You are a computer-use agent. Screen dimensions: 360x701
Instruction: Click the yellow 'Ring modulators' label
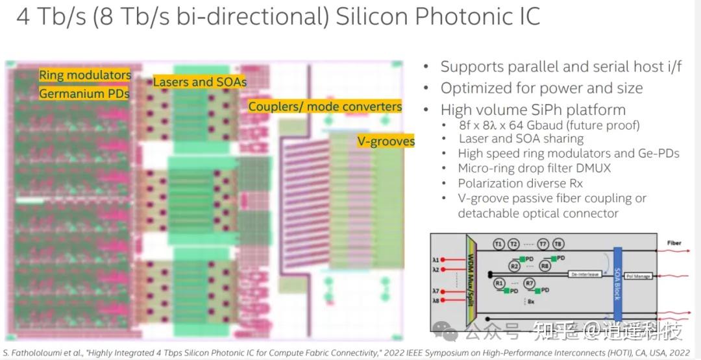(85, 75)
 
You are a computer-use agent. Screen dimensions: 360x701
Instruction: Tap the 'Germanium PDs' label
(84, 94)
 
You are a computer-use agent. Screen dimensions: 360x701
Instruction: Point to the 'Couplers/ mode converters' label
(325, 106)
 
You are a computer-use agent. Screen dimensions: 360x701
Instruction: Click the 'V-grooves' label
(386, 141)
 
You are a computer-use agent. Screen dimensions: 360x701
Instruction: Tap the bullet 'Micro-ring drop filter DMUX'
(534, 169)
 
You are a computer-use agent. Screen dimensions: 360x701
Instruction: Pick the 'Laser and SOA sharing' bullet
(521, 139)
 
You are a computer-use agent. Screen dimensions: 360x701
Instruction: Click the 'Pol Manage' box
(639, 276)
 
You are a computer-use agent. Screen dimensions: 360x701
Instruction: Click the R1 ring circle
(499, 283)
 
